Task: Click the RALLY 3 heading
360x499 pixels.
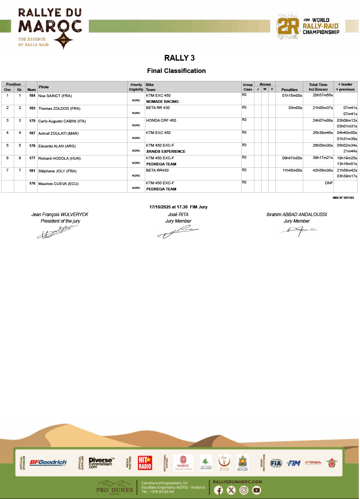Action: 179,58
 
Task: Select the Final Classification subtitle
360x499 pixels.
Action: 176,71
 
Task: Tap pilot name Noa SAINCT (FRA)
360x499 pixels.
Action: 55,96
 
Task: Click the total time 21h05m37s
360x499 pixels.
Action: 323,108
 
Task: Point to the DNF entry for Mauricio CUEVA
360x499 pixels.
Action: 329,183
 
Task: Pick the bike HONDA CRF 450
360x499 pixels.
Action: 161,121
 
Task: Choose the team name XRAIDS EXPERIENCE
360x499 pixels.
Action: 166,152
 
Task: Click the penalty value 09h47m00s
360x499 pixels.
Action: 292,158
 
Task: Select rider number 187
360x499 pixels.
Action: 32,133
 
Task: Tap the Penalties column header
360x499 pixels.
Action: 289,89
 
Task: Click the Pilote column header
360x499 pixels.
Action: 44,87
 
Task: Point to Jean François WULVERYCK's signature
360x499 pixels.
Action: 56,232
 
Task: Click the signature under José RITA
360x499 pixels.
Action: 178,232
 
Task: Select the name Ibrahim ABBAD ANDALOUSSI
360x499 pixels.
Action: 297,215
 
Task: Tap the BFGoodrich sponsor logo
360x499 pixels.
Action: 48,463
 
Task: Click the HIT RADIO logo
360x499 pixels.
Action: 145,463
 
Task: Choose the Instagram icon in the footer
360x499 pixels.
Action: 244,490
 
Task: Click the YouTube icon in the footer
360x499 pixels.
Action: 257,490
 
